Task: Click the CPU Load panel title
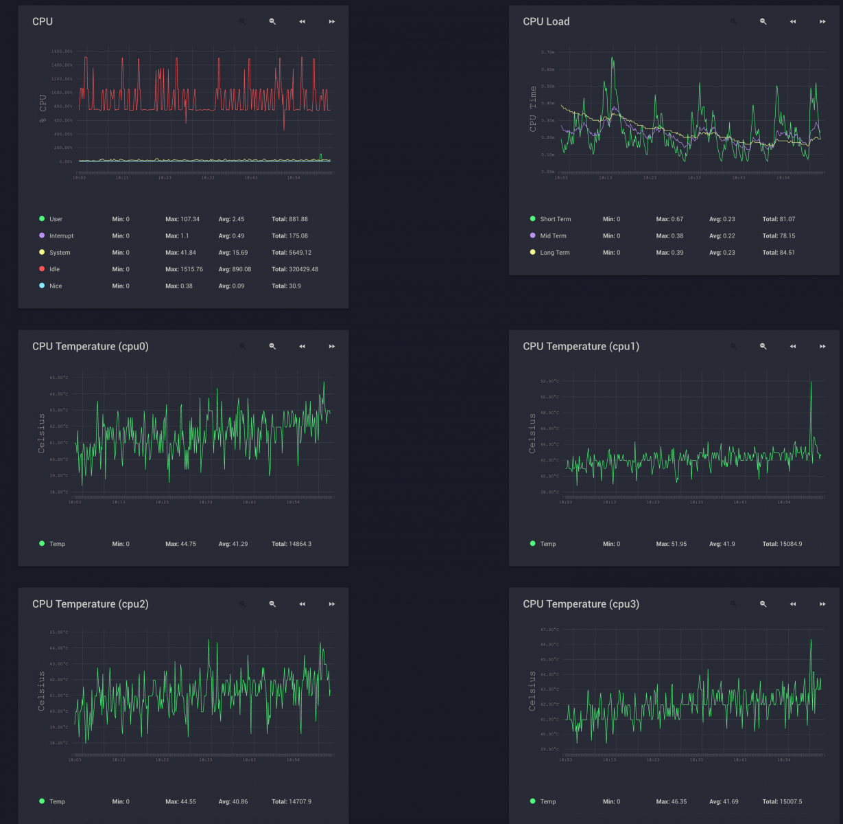point(546,21)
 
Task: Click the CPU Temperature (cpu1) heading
point(580,346)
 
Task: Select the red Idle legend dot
point(42,269)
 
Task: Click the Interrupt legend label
point(61,236)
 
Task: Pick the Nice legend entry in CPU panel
point(56,286)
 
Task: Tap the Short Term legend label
point(555,219)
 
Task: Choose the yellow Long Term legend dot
point(532,252)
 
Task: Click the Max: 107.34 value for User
point(182,219)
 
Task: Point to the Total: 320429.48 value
point(295,269)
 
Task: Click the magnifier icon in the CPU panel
point(272,21)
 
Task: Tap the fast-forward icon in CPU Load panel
point(822,21)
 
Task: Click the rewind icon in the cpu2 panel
point(302,604)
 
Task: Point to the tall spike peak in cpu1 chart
point(811,382)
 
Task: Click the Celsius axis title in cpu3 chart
point(532,690)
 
